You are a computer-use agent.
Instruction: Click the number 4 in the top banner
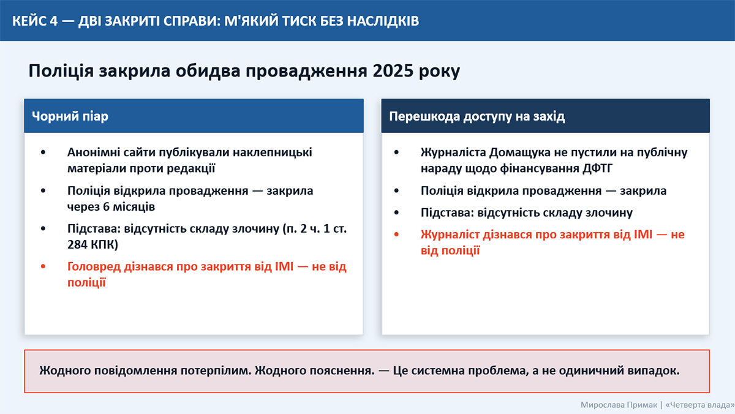[53, 21]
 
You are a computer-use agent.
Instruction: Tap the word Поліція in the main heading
[61, 71]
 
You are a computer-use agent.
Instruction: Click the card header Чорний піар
[70, 116]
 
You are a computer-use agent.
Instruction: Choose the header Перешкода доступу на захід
[477, 116]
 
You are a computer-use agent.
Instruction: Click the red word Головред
[94, 266]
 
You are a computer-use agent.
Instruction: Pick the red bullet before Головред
[43, 266]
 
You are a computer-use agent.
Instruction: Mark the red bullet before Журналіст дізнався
[396, 235]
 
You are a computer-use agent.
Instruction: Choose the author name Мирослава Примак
[619, 405]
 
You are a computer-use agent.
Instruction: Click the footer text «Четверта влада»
[700, 405]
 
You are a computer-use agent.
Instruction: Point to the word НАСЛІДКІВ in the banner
[383, 21]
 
